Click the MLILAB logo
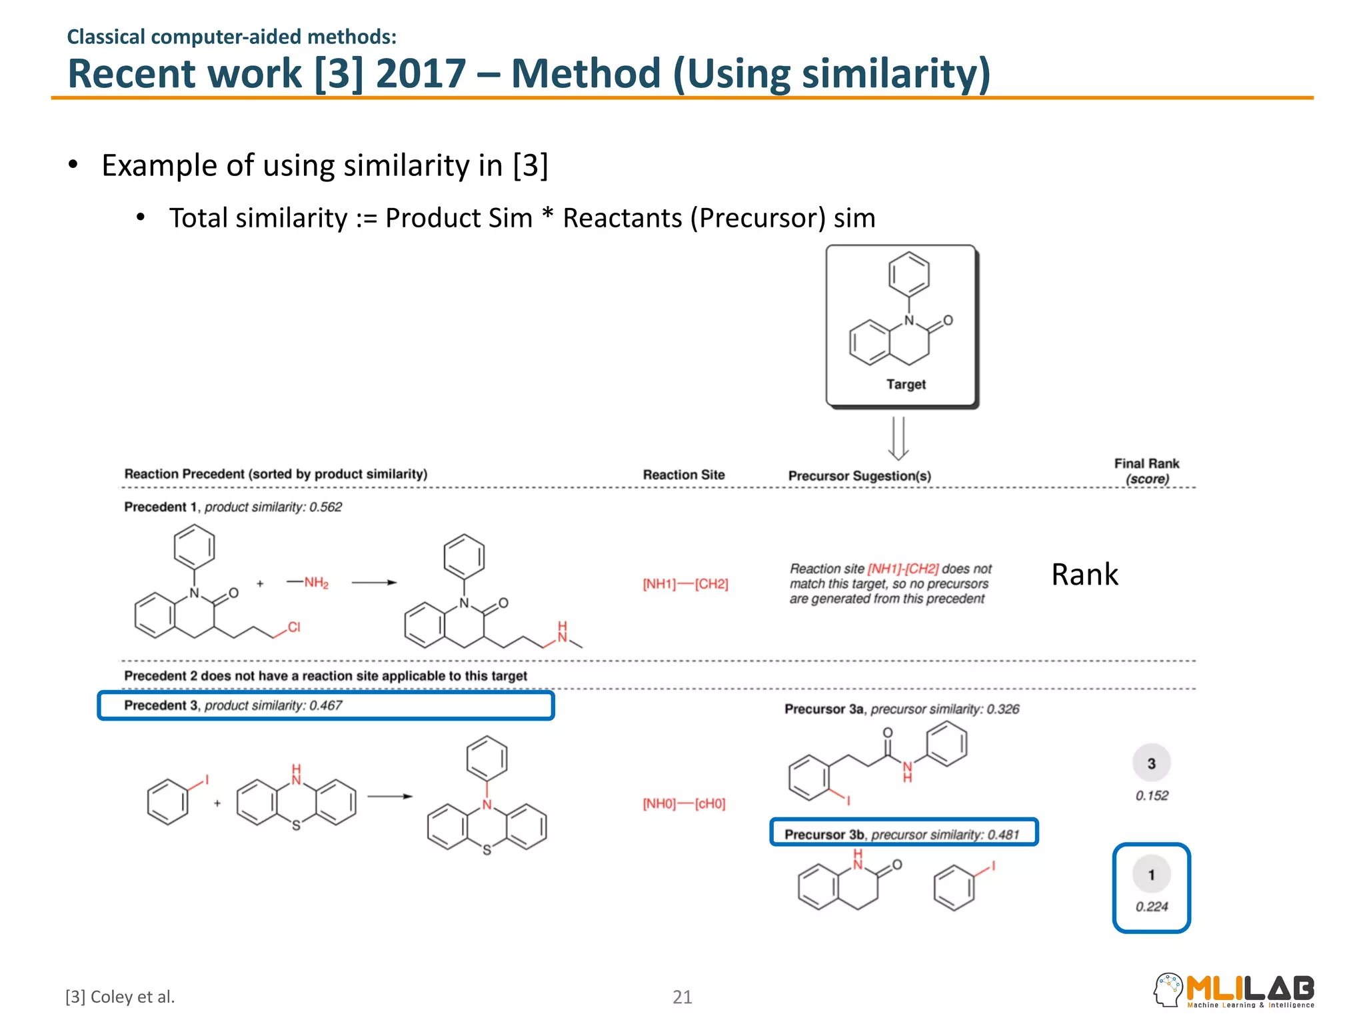[x=1234, y=990]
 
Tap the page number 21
[x=682, y=997]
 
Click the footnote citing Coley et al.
[x=120, y=997]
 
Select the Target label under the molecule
[x=906, y=384]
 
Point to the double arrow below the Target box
[x=898, y=438]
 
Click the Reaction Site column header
[x=683, y=475]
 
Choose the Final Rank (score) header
[x=1146, y=471]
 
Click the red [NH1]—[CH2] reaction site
[x=685, y=584]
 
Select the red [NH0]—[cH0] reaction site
[x=684, y=803]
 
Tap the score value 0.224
[x=1152, y=907]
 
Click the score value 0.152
[x=1152, y=795]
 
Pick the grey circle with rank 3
[x=1152, y=763]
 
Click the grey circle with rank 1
[x=1152, y=875]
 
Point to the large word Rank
[x=1084, y=575]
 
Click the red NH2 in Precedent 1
[x=316, y=583]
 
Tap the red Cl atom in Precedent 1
[x=294, y=627]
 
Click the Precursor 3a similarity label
[x=902, y=709]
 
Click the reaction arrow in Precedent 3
[x=390, y=796]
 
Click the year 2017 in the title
[x=421, y=73]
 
